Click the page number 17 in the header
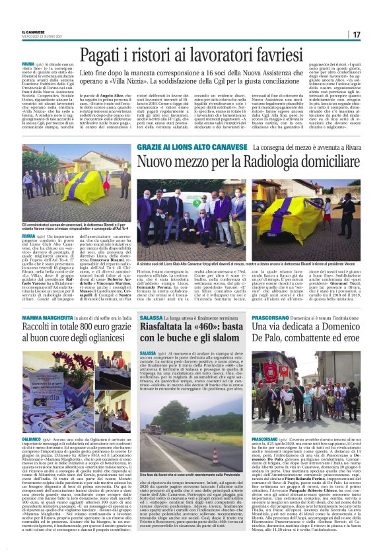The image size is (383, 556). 355,34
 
